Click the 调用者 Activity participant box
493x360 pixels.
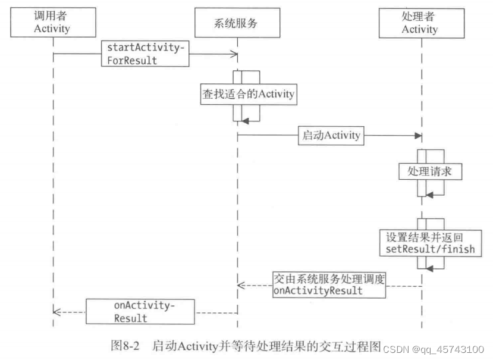[x=52, y=22]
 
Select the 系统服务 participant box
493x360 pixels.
[x=237, y=23]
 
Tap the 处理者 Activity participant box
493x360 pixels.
[x=420, y=23]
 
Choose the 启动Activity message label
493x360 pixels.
[x=332, y=135]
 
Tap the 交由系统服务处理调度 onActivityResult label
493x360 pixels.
[x=329, y=284]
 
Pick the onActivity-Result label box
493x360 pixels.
[x=140, y=311]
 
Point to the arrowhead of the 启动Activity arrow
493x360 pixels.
[x=419, y=136]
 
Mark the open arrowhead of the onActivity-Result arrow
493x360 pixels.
[x=56, y=311]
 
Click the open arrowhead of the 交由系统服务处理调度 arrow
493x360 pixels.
[x=241, y=286]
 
